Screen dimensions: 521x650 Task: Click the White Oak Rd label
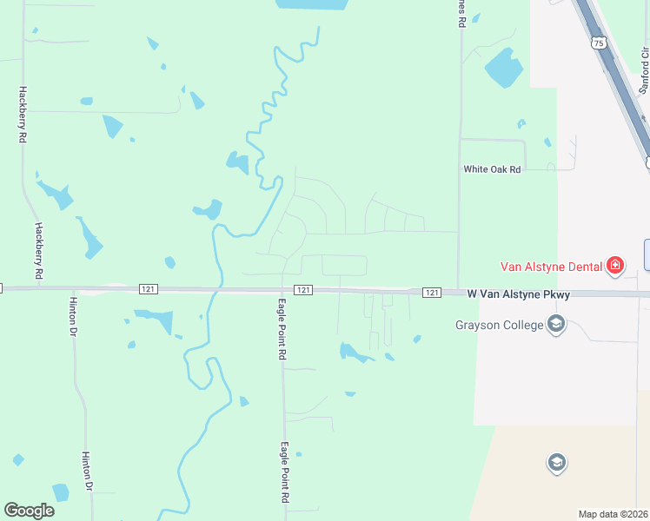click(492, 169)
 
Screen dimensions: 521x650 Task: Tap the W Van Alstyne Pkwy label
click(519, 294)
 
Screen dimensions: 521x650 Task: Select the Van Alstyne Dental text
click(551, 266)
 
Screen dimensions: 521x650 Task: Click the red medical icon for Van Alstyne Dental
click(615, 265)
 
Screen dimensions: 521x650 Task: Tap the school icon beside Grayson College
click(556, 326)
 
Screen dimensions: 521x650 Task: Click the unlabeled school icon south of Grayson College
click(556, 463)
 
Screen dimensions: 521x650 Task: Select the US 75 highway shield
click(597, 43)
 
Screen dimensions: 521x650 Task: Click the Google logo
click(30, 511)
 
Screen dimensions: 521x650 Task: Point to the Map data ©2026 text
click(613, 514)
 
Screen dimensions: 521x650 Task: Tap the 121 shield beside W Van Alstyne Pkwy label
click(432, 293)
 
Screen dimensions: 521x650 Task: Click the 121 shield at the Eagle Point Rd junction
click(302, 289)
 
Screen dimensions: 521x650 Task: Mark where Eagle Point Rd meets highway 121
click(283, 289)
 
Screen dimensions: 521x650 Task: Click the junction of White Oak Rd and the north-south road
click(460, 169)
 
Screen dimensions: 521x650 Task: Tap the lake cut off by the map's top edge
click(311, 4)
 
